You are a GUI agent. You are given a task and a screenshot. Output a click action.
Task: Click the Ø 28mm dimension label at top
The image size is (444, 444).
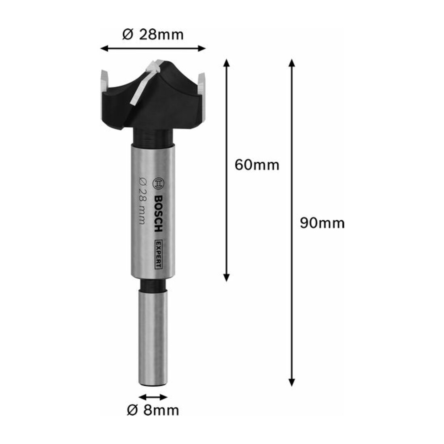click(x=153, y=35)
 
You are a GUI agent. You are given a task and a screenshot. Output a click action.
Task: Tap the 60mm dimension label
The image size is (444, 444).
click(x=257, y=165)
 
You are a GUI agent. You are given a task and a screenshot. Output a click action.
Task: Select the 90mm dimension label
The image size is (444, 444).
click(x=322, y=223)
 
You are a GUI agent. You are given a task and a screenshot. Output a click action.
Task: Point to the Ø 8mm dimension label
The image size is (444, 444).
click(x=153, y=410)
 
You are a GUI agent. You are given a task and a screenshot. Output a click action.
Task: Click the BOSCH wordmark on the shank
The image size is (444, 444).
click(x=159, y=214)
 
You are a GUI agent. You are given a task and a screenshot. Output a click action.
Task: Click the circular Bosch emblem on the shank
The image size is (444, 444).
click(x=158, y=184)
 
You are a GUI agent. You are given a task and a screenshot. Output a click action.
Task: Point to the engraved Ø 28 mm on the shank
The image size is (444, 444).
click(x=142, y=201)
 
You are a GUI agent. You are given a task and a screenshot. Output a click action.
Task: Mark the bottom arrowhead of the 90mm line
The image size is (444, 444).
click(x=292, y=383)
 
